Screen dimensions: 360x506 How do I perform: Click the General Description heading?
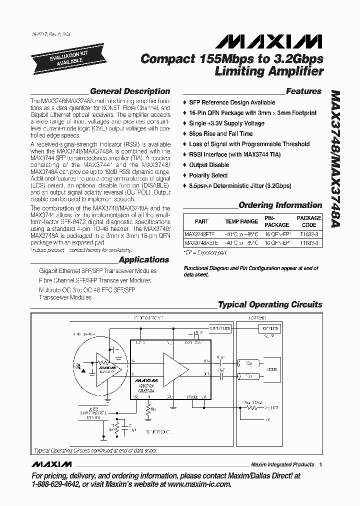pyautogui.click(x=129, y=91)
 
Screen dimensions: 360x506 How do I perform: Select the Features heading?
pyautogui.click(x=303, y=91)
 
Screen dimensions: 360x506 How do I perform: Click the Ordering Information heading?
pyautogui.click(x=280, y=205)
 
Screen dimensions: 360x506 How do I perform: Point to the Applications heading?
pyautogui.click(x=144, y=259)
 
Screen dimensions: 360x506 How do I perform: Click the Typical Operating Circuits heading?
pyautogui.click(x=270, y=304)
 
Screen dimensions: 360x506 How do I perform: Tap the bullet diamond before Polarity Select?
pyautogui.click(x=185, y=175)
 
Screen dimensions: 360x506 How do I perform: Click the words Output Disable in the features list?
pyautogui.click(x=209, y=165)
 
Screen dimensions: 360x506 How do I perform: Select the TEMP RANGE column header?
pyautogui.click(x=241, y=221)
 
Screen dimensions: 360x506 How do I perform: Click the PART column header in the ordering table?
pyautogui.click(x=201, y=221)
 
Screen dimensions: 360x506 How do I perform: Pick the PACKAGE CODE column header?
pyautogui.click(x=309, y=221)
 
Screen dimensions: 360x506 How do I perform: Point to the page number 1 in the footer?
pyautogui.click(x=320, y=464)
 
